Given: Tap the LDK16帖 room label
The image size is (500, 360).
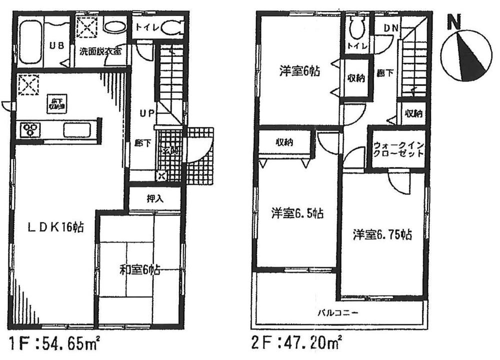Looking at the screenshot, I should coord(55,228).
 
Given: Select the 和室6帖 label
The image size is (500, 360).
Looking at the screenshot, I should coord(139,271).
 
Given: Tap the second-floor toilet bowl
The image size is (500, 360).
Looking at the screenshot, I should coord(356,28).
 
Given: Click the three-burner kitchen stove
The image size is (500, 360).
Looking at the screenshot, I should coord(29,130).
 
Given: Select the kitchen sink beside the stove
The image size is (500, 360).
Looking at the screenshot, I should coord(75,130).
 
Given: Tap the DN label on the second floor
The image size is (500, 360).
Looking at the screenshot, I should coord(390,28).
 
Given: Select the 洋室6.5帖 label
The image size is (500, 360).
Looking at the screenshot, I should coord(297,214).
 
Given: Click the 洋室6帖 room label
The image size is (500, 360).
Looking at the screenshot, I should coord(299,71).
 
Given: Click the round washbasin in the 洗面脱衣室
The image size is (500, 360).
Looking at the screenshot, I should coord(112,26).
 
